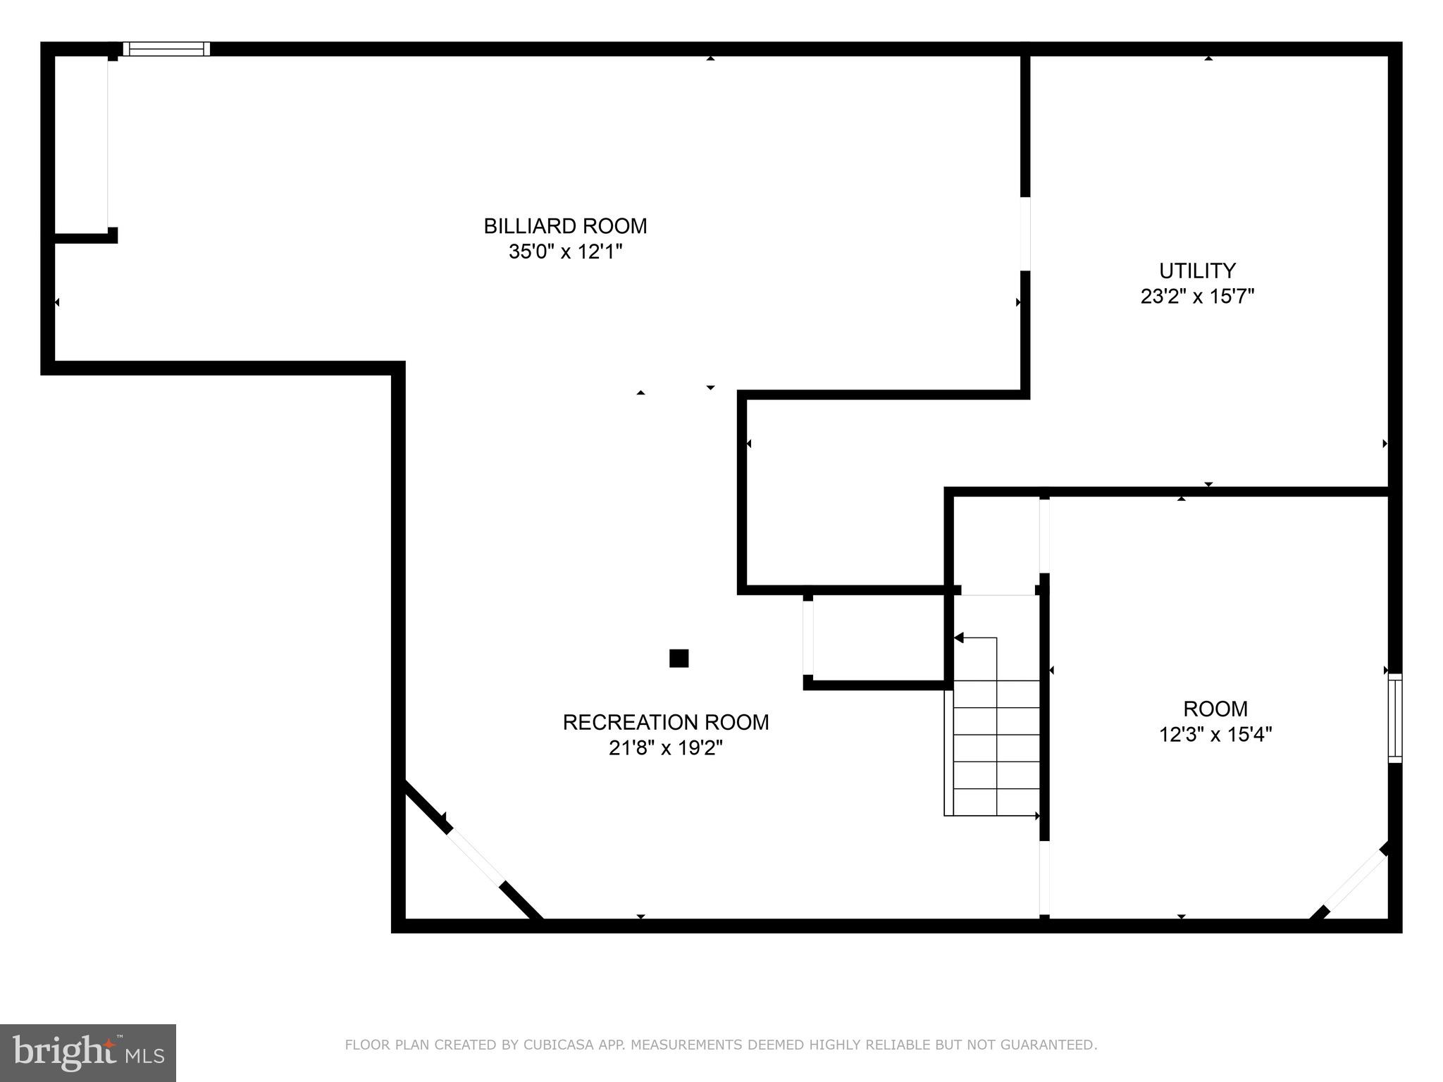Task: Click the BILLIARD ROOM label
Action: tap(565, 226)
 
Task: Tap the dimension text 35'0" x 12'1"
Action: tap(565, 251)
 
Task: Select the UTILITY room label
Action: tap(1197, 270)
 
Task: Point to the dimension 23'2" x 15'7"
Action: tap(1197, 296)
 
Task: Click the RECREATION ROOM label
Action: tap(665, 722)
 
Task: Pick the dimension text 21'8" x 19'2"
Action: tap(665, 747)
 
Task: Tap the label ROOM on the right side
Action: tap(1215, 709)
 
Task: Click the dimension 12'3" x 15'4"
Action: tap(1215, 735)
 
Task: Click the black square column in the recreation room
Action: tap(679, 658)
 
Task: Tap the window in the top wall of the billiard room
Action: tap(166, 49)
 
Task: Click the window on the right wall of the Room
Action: tap(1394, 718)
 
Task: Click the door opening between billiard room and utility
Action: tap(1025, 233)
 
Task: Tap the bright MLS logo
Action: tap(87, 1052)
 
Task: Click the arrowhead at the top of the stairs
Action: tap(959, 638)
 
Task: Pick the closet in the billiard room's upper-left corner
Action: tap(80, 144)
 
